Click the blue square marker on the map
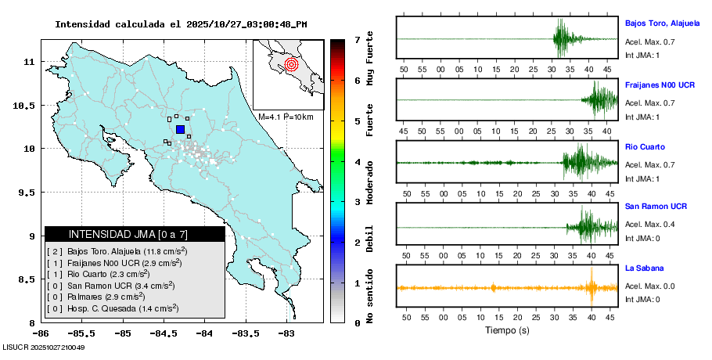180,129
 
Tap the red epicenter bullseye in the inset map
291,64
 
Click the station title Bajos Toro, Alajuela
661,23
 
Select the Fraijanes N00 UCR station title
660,84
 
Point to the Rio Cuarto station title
645,147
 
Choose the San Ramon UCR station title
656,207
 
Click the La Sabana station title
643,268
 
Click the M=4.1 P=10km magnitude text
286,117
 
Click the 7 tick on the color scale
357,39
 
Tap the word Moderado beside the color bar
369,182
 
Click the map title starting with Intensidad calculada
181,24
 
